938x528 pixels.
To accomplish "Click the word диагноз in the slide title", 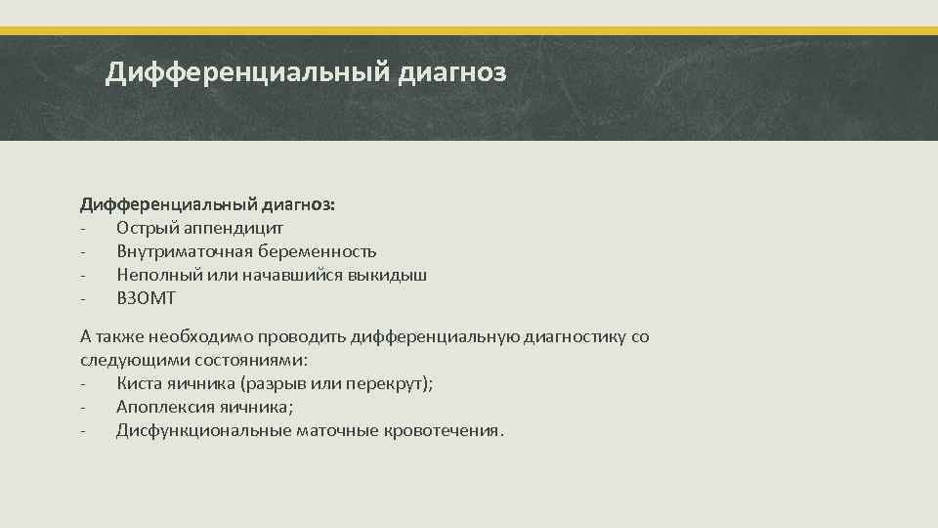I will [x=452, y=72].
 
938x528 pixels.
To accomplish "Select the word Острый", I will [x=146, y=228].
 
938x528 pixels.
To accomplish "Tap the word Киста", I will [x=139, y=383].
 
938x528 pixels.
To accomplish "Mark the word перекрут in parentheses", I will [x=387, y=383].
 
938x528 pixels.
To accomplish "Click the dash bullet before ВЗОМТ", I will [x=84, y=298].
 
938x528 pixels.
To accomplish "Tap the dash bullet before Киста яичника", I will [x=84, y=383].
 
